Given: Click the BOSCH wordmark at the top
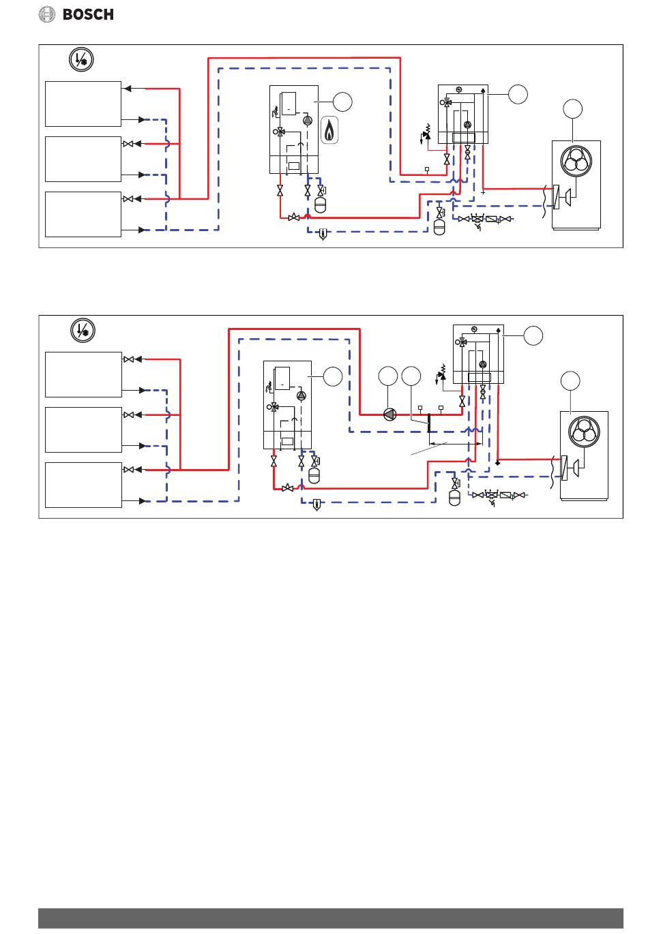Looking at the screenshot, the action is tap(88, 14).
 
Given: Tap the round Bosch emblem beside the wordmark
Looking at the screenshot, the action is tap(47, 14).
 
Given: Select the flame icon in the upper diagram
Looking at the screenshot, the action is tap(329, 130).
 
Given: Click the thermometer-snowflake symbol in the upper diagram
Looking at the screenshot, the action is tap(81, 59).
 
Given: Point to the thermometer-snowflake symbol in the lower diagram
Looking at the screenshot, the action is tap(83, 330).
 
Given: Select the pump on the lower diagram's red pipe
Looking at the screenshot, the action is tap(389, 415).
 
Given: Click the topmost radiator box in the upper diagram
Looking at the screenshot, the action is tap(83, 104).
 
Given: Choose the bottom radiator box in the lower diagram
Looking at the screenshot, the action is tap(83, 485).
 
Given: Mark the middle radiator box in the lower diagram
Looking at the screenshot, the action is tap(83, 430).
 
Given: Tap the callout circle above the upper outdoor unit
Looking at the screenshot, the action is tap(572, 109).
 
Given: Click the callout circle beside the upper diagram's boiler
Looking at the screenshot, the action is tap(342, 102).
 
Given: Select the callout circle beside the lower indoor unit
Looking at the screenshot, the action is tap(533, 335).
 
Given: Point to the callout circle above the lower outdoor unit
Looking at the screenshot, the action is tap(570, 380).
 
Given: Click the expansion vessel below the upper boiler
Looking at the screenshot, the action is tap(320, 205).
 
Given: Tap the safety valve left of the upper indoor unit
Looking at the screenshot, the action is tap(426, 134).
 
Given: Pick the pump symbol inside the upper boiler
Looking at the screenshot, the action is tap(308, 120).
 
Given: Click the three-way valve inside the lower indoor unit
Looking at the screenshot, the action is tap(461, 342).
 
